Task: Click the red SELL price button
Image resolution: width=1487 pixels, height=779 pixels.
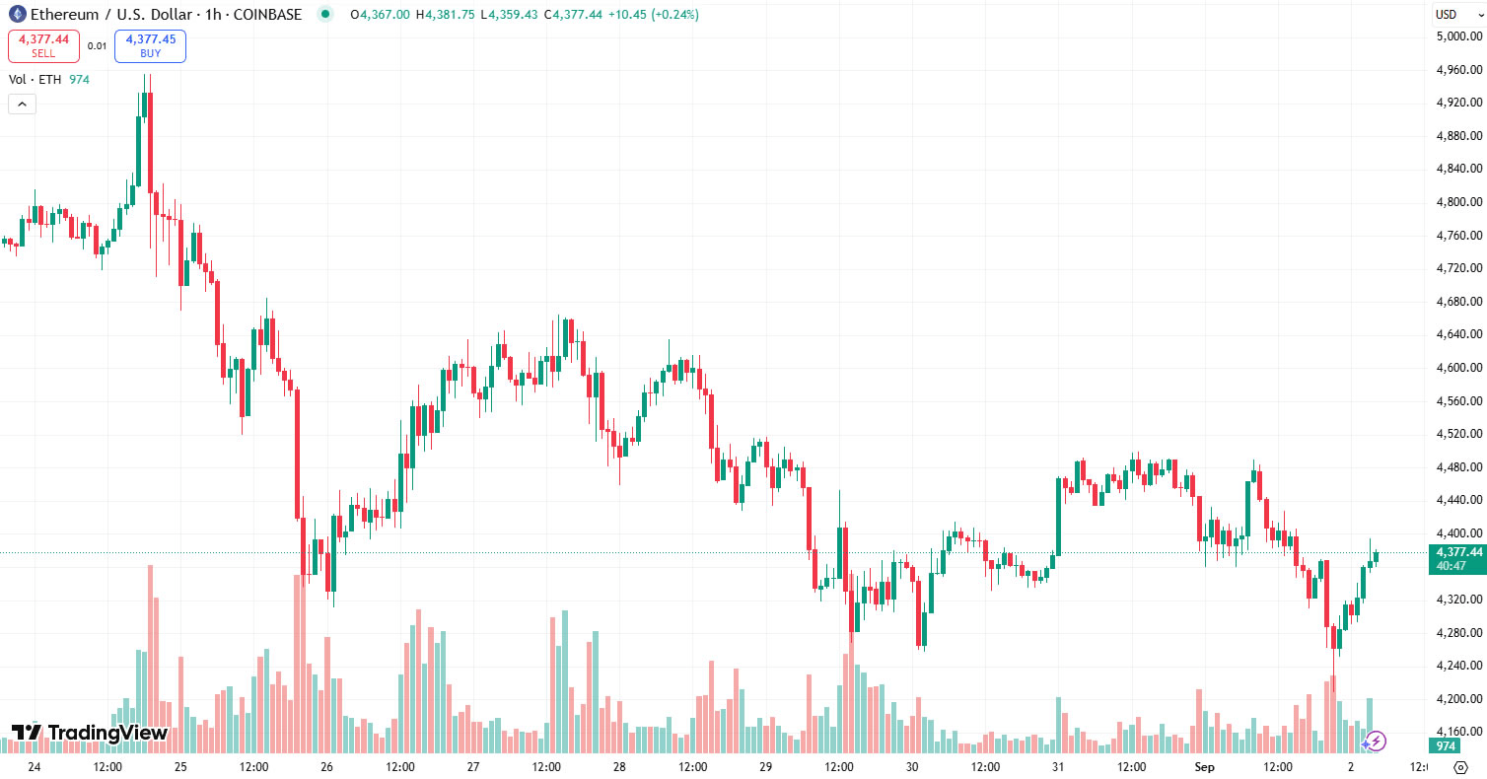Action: [43, 45]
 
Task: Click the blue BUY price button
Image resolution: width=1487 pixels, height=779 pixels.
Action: [150, 45]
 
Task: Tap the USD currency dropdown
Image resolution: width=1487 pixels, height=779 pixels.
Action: [1456, 14]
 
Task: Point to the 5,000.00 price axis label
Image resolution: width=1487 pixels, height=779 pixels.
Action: [1460, 36]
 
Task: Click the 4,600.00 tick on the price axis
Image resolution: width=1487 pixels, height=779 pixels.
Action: [1460, 368]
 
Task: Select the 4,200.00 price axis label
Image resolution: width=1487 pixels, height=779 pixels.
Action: [1460, 699]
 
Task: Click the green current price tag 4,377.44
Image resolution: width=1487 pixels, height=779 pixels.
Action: [1459, 558]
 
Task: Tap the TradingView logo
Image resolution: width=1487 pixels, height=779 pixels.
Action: [89, 733]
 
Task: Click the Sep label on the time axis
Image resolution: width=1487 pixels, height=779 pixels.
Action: [1202, 766]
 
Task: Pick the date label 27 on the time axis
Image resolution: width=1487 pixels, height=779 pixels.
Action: [473, 766]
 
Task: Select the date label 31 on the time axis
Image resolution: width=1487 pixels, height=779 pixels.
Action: [1058, 766]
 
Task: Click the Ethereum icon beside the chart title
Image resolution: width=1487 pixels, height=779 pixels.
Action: [17, 15]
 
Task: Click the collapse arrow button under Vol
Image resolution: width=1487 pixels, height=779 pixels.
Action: [22, 104]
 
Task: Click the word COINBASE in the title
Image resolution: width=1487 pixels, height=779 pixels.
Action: [268, 15]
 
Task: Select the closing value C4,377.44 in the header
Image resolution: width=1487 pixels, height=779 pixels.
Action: [581, 15]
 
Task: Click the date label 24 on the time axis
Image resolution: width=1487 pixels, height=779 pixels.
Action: [35, 766]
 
